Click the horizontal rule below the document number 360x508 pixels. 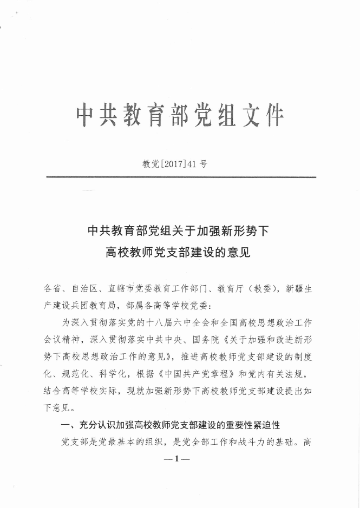click(x=181, y=177)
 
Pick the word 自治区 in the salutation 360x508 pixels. click(x=87, y=289)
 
